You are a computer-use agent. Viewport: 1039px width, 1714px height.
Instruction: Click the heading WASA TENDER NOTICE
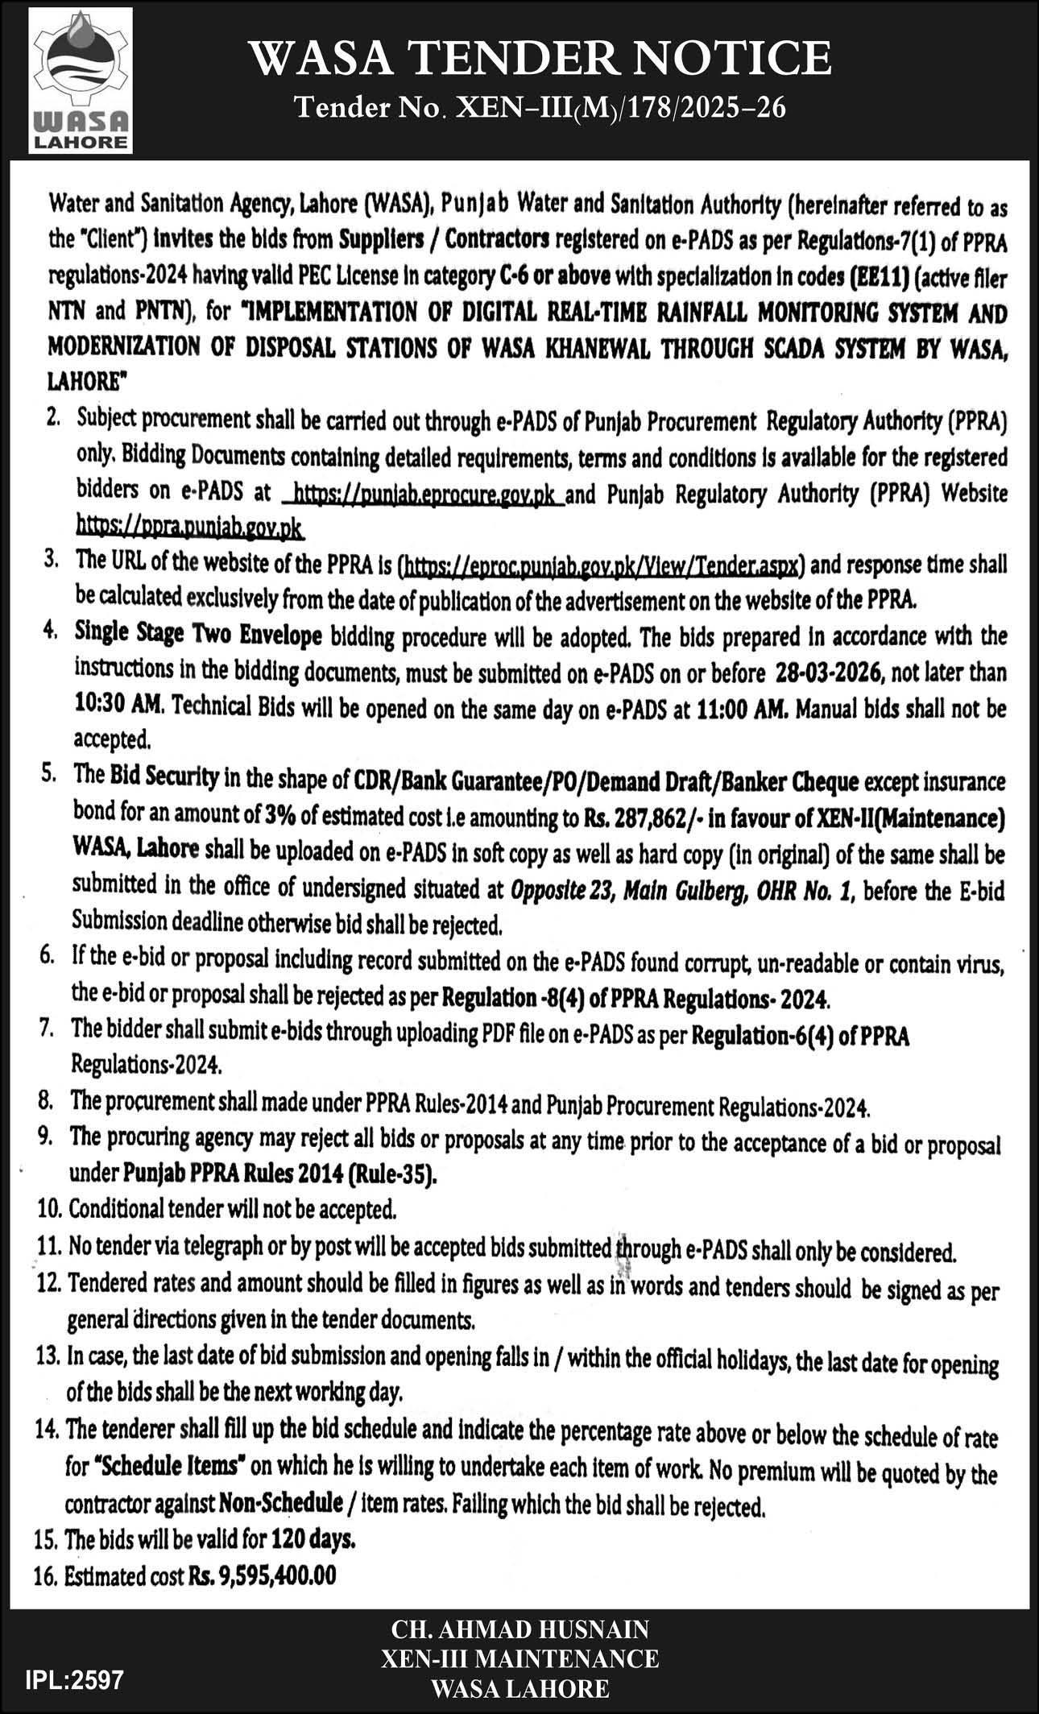tap(540, 59)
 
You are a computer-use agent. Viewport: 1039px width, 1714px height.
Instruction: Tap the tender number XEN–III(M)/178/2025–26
tap(540, 108)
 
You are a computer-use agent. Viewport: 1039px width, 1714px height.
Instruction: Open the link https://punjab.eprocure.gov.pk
tap(425, 493)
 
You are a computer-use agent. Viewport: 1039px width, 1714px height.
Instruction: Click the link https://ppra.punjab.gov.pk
tap(190, 528)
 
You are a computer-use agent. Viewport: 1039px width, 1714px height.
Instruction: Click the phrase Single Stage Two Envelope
tap(198, 636)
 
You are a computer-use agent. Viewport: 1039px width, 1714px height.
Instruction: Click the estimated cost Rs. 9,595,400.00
tap(263, 1575)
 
